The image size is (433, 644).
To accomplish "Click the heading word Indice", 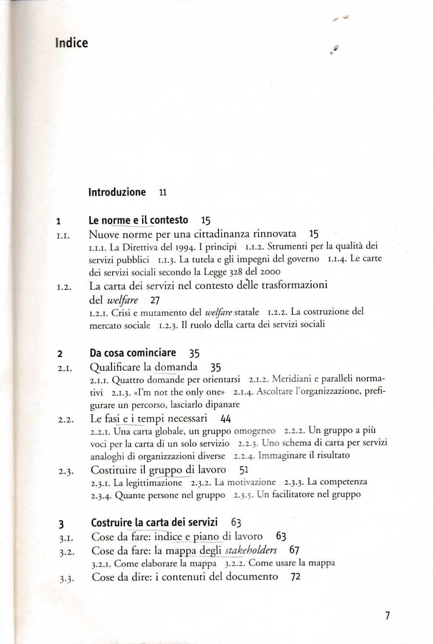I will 71,43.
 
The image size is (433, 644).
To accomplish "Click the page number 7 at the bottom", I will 387,616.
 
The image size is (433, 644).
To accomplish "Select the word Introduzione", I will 117,193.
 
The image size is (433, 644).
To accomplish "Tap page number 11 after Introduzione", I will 163,193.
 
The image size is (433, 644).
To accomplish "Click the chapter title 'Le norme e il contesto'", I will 139,220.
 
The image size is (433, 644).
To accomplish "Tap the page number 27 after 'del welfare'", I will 154,300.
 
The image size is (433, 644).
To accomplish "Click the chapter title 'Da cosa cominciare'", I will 133,353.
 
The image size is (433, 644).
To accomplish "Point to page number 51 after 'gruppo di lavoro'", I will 243,470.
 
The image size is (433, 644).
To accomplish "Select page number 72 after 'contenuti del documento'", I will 295,577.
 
